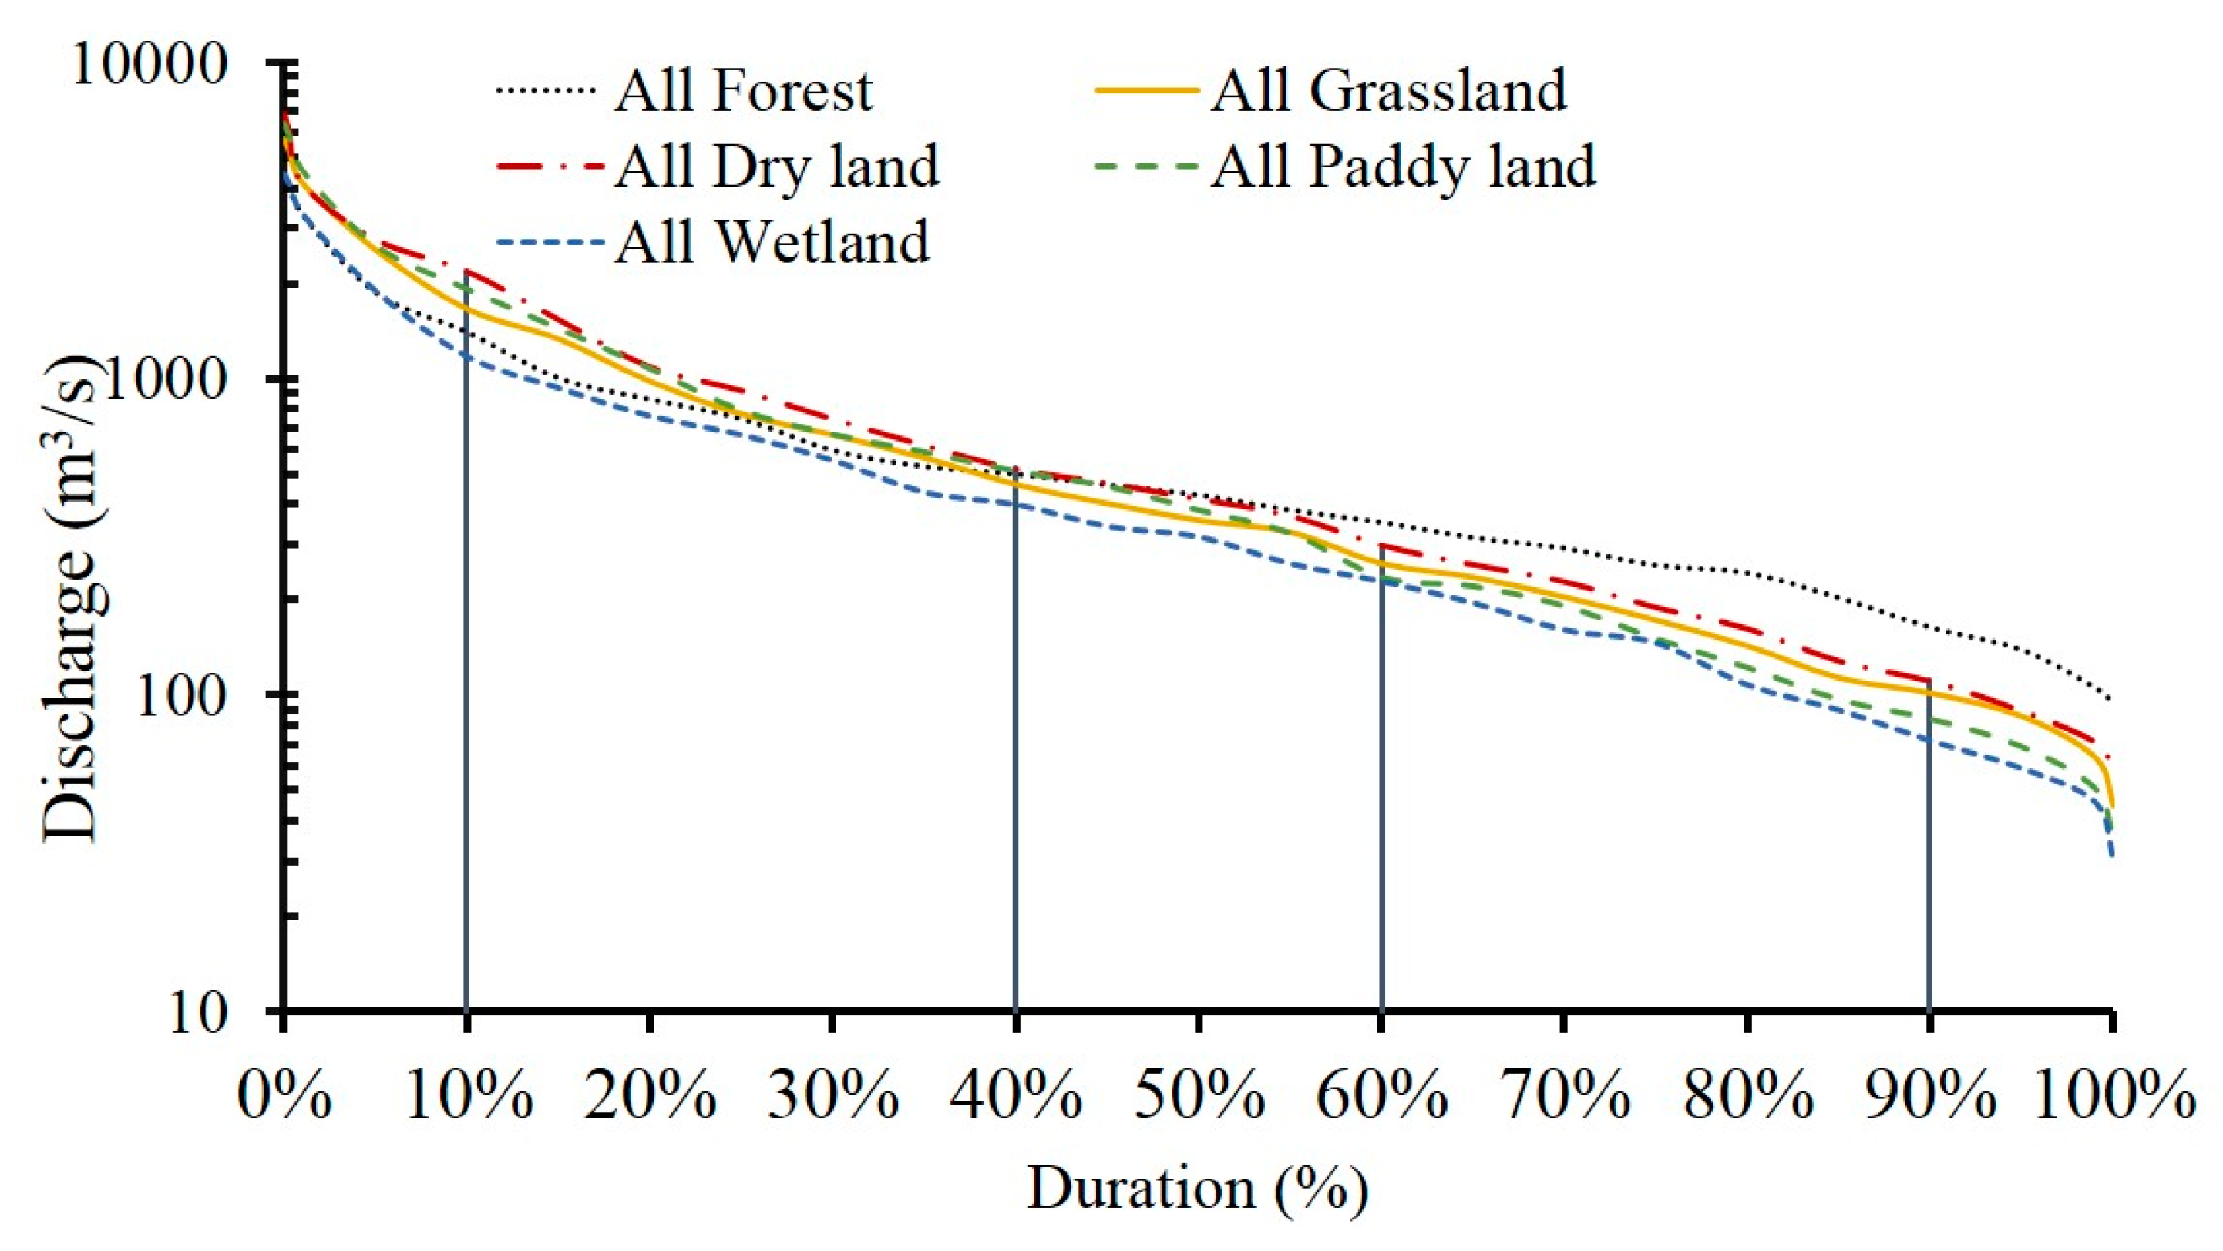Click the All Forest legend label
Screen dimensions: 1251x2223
pos(743,91)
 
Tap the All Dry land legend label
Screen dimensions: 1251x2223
pos(777,166)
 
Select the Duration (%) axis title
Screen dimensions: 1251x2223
pos(1197,1189)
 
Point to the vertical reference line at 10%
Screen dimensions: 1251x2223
pos(466,690)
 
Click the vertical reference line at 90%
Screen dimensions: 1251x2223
pos(1929,863)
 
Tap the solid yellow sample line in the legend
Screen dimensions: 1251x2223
pos(1148,89)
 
